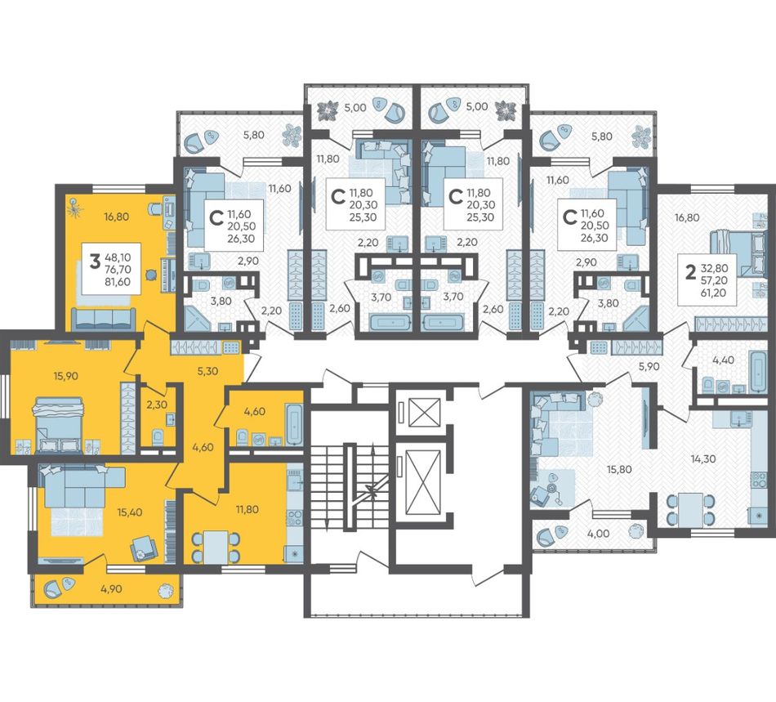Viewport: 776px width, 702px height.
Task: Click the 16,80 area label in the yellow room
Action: pyautogui.click(x=116, y=217)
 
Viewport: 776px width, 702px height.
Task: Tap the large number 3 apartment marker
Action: pyautogui.click(x=95, y=261)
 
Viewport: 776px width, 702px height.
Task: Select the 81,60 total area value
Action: pyautogui.click(x=118, y=282)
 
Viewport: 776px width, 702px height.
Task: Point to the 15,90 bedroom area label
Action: pyautogui.click(x=66, y=376)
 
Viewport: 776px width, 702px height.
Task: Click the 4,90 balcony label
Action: pyautogui.click(x=111, y=588)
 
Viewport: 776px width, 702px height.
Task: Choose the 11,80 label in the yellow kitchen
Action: pyautogui.click(x=247, y=508)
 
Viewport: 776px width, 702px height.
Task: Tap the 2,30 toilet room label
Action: pyautogui.click(x=156, y=405)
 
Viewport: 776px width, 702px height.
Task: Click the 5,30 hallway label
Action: pyautogui.click(x=207, y=371)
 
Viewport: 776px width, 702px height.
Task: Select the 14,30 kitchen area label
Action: pyautogui.click(x=703, y=459)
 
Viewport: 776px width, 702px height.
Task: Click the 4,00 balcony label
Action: pyautogui.click(x=599, y=533)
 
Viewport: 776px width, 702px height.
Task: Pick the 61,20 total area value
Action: pyautogui.click(x=713, y=293)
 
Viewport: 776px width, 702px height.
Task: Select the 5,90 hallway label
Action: pyautogui.click(x=649, y=367)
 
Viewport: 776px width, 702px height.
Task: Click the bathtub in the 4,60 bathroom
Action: pyautogui.click(x=294, y=424)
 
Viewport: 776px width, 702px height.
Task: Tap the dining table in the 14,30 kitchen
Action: pyautogui.click(x=690, y=510)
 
